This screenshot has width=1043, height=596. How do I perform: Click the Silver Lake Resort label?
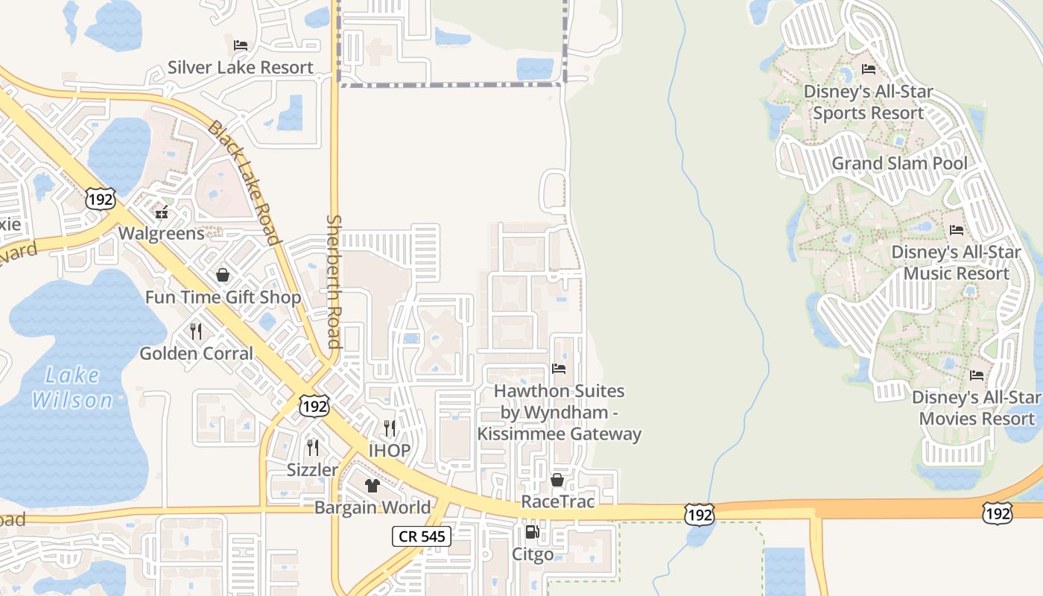240,67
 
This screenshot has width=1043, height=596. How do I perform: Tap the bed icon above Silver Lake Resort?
240,45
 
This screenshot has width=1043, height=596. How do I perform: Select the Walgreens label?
162,233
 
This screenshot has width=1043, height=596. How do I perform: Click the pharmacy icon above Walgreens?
162,212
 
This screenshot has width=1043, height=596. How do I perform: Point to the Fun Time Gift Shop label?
223,297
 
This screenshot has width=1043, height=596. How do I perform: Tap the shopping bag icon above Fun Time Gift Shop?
222,276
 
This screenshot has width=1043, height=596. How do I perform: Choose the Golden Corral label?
197,353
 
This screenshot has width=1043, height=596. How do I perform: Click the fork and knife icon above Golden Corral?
196,331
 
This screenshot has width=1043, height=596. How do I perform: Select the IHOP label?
390,450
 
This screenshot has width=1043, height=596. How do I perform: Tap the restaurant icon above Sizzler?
313,448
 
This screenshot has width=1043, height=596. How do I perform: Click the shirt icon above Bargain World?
372,486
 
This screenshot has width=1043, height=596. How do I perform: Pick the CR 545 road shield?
422,536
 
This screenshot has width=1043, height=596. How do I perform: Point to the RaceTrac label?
558,501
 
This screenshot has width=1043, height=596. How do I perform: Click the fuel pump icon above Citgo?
532,532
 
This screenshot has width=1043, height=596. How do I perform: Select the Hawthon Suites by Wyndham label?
559,412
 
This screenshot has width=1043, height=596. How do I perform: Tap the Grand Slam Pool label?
899,163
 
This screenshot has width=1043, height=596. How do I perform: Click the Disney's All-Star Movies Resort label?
977,408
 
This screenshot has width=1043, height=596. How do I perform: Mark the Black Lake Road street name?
244,183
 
